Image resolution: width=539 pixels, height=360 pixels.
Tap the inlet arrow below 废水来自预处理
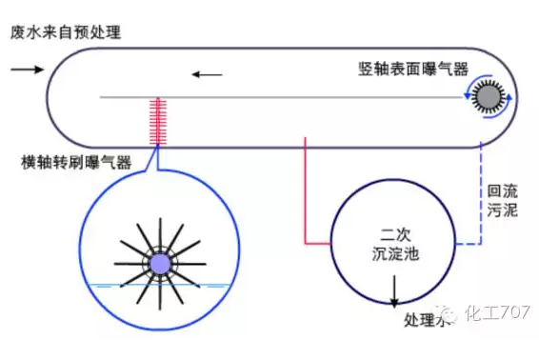pos(28,69)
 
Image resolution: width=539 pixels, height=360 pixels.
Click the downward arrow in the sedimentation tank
pos(392,302)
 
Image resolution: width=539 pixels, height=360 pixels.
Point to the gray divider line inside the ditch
pos(286,97)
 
